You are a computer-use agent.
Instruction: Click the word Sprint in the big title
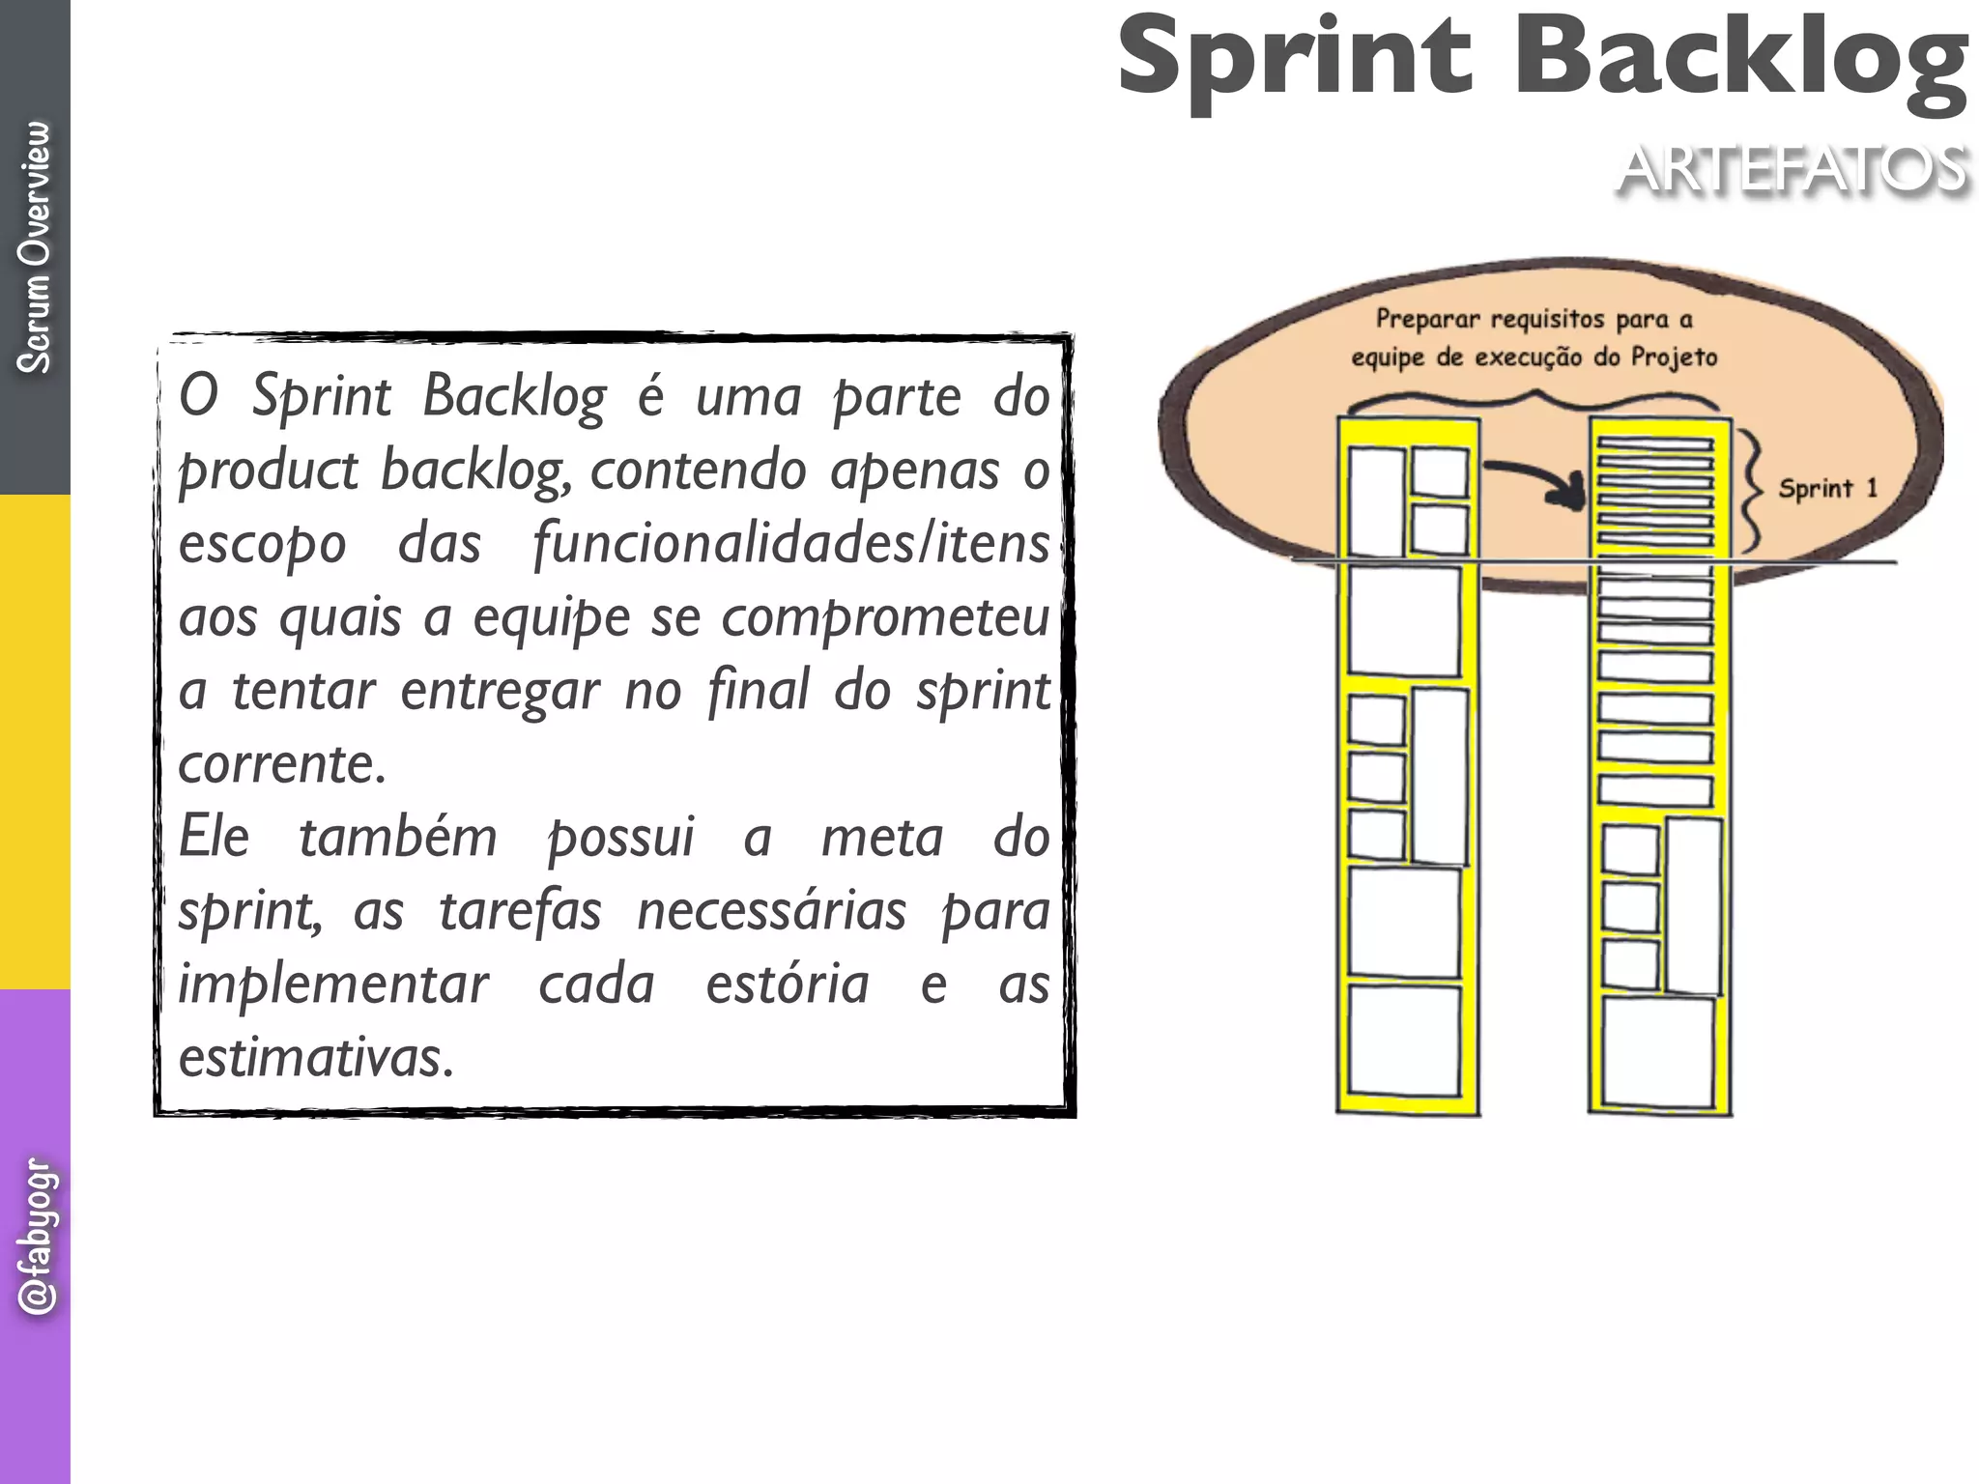click(1295, 60)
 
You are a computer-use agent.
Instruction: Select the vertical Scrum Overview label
click(35, 247)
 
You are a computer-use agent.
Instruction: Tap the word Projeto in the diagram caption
click(1674, 357)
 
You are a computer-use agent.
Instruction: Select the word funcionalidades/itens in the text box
click(790, 543)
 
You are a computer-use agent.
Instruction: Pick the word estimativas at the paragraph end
click(316, 1057)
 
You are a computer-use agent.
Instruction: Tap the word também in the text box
click(397, 837)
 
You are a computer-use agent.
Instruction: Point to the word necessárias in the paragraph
click(772, 910)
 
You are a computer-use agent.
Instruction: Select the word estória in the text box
click(788, 984)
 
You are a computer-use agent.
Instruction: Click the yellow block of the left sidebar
click(35, 742)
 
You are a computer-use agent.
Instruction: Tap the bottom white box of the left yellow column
click(1404, 1041)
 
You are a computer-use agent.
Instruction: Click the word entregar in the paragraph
click(500, 690)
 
